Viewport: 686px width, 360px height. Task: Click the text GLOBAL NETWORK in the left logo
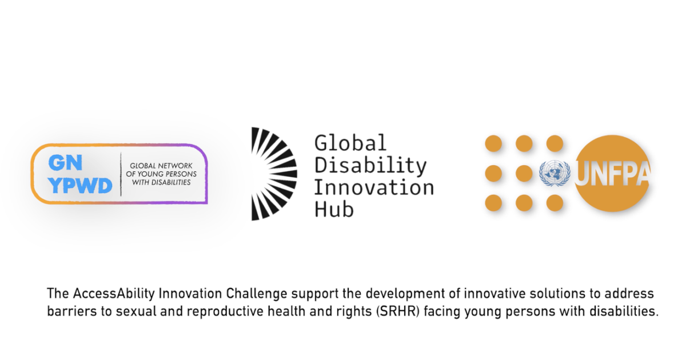[x=161, y=164]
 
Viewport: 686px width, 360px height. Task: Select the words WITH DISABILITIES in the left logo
[x=161, y=182]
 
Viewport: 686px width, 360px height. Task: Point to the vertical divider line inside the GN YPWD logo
[x=121, y=174]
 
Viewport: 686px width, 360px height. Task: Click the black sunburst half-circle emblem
[x=273, y=174]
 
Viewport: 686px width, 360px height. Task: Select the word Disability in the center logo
[x=370, y=166]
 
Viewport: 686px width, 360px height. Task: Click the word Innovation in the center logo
[x=374, y=187]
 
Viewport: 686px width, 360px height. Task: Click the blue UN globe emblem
[x=555, y=174]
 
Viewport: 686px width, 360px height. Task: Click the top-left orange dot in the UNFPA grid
[x=493, y=143]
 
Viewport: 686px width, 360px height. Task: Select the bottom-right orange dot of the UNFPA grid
[x=555, y=203]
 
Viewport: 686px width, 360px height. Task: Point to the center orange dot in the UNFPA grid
[x=524, y=173]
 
